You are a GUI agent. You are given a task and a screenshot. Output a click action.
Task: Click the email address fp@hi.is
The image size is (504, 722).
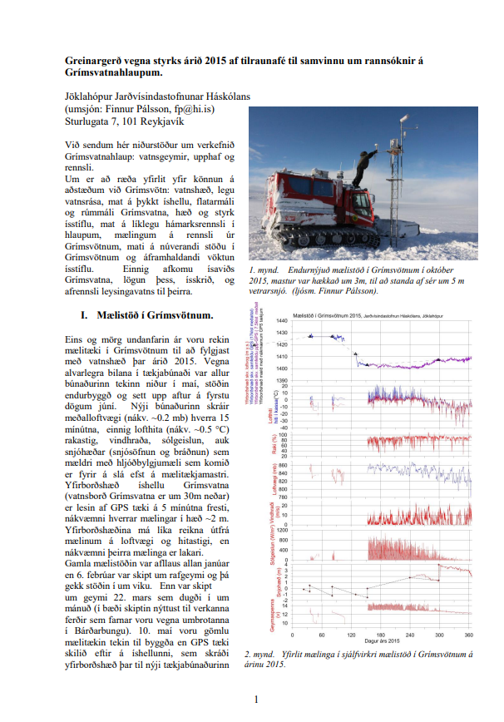(x=193, y=108)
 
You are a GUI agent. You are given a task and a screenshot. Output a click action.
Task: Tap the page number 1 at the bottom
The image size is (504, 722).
(x=257, y=699)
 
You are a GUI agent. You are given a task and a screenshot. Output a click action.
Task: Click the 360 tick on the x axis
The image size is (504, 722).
(x=468, y=635)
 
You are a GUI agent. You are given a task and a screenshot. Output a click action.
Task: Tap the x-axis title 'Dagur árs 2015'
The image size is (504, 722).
(x=383, y=641)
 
